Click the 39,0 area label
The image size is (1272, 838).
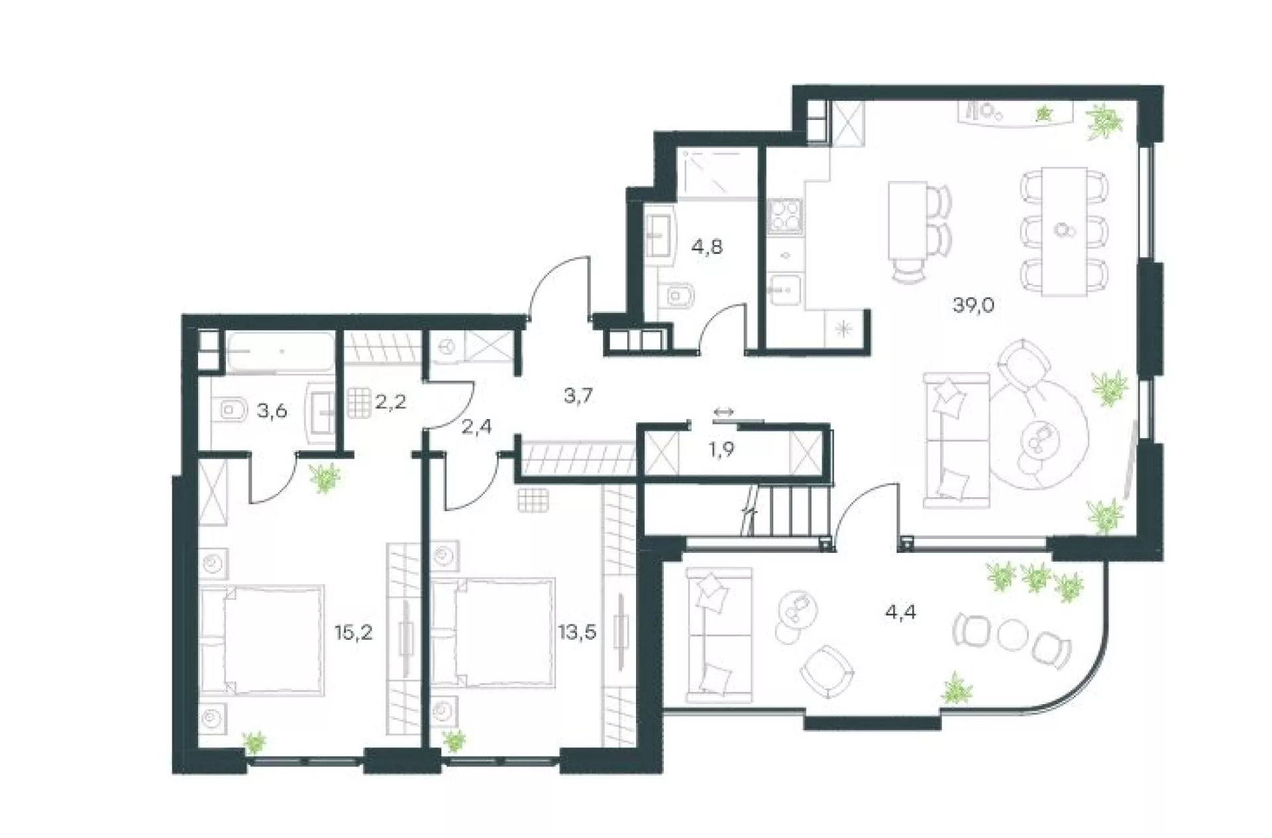tap(973, 306)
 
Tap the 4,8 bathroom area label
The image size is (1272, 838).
tap(706, 247)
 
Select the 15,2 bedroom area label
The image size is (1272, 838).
tap(353, 632)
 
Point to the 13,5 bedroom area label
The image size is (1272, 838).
tap(577, 632)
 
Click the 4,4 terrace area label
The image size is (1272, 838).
tap(900, 612)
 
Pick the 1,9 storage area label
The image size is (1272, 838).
tap(721, 449)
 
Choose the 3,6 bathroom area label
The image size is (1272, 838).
tap(272, 411)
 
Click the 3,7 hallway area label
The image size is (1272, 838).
tap(578, 396)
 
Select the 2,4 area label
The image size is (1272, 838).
tap(476, 427)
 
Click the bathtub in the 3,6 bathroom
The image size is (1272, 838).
tap(280, 351)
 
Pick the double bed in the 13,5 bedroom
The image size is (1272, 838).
tap(493, 633)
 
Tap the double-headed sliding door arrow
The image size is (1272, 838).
tap(723, 412)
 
